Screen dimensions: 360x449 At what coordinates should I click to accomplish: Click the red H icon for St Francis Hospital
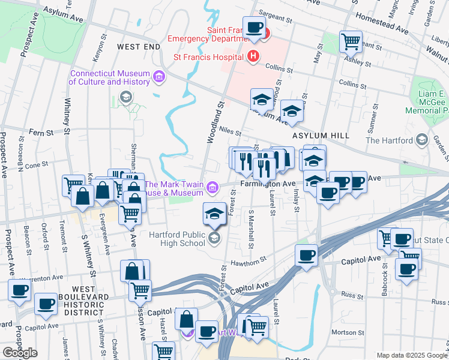pos(253,57)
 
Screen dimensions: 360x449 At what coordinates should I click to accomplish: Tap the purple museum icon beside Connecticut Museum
pos(159,76)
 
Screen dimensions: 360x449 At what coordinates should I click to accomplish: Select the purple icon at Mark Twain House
pos(212,188)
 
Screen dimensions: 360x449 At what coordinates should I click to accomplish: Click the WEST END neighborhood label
pos(139,46)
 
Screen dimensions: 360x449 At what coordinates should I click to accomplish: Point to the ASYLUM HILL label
pos(321,136)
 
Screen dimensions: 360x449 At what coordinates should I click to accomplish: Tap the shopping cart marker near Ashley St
pos(351,41)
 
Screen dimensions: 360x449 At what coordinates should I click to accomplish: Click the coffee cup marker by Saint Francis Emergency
pos(255,27)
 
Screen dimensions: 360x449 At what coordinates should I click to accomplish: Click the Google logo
pos(20,352)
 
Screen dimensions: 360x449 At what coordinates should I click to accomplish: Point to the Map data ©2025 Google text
pos(412,355)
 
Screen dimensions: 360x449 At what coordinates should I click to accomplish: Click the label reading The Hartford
pos(390,140)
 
